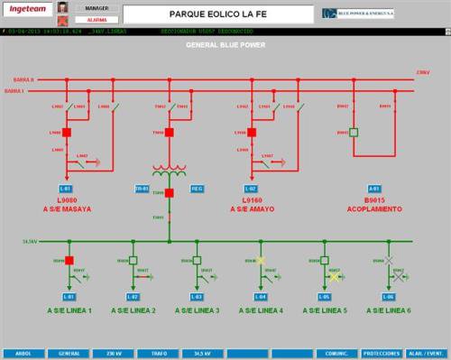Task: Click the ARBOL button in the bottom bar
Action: click(x=22, y=354)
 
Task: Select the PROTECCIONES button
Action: click(x=382, y=354)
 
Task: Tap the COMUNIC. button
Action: click(x=336, y=354)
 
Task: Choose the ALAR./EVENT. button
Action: click(x=427, y=354)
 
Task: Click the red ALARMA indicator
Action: click(x=97, y=18)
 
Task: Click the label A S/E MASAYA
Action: click(x=68, y=208)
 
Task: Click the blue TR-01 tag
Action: click(x=142, y=188)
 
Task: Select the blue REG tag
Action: click(x=197, y=188)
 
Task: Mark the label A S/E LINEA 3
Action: click(x=198, y=311)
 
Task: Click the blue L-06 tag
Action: click(x=388, y=296)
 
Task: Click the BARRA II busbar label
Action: click(x=19, y=79)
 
